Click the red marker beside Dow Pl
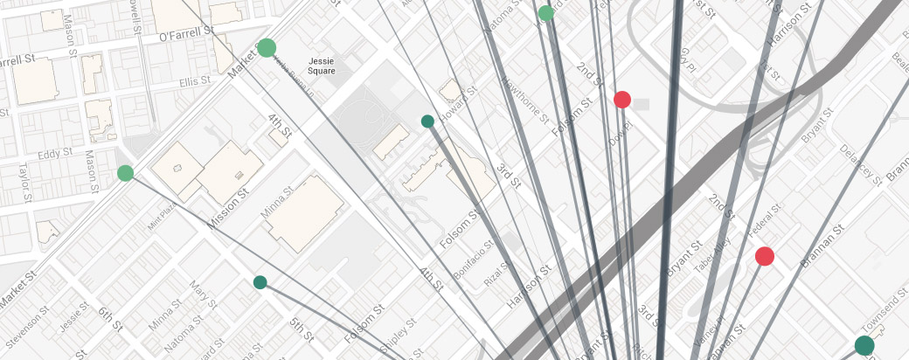tap(622, 100)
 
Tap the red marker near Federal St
tap(765, 256)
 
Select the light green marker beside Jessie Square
tap(267, 48)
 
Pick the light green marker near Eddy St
tap(125, 173)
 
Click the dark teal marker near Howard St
tap(427, 121)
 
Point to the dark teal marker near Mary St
tap(260, 282)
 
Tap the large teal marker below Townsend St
tap(864, 345)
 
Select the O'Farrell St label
tap(187, 35)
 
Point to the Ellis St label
tap(190, 83)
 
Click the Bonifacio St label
tap(470, 261)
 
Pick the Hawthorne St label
tap(523, 104)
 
